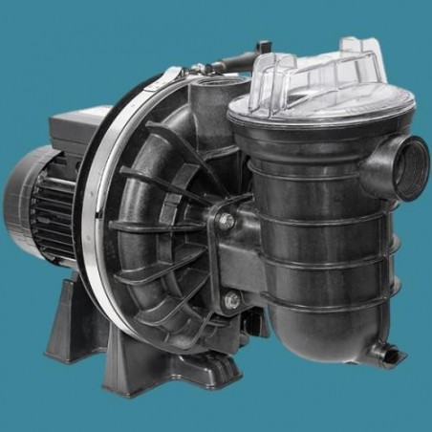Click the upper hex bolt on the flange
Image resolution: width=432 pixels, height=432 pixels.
226,221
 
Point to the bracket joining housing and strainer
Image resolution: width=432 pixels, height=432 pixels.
244,258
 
